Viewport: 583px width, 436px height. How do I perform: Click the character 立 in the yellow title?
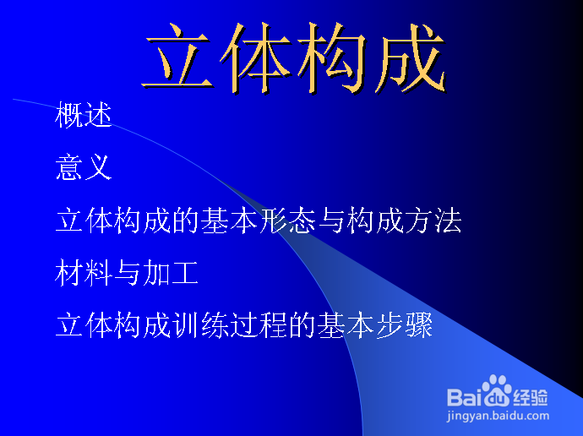coord(177,57)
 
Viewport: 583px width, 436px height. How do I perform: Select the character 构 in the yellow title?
coord(332,57)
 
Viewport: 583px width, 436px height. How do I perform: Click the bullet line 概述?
coord(84,115)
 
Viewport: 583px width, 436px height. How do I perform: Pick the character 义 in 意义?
coord(98,167)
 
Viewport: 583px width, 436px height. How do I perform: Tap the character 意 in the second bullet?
coord(69,167)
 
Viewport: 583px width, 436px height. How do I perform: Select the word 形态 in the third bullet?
coord(287,221)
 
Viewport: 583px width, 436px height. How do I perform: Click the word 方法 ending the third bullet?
coord(433,221)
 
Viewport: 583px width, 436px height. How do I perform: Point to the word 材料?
coord(84,273)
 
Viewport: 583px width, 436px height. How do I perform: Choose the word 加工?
coord(171,273)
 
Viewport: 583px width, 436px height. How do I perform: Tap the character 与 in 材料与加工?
coord(127,273)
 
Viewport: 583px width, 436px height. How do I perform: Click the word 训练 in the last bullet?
coord(200,325)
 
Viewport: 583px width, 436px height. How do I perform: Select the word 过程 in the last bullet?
coord(259,325)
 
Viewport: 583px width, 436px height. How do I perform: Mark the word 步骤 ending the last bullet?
coord(405,325)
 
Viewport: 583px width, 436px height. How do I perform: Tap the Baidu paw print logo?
coord(497,391)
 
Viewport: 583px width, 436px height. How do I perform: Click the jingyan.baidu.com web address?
coord(498,416)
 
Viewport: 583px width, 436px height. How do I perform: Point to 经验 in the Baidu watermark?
coord(531,398)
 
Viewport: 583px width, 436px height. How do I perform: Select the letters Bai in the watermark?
coord(465,397)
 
